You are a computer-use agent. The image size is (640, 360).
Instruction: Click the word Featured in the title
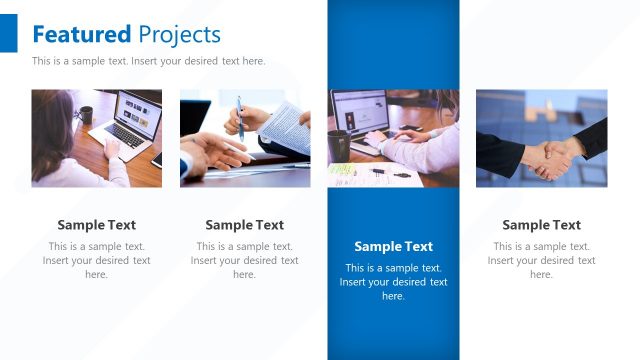81,35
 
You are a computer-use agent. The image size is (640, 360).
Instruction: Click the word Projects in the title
179,35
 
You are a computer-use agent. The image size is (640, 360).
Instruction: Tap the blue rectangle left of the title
9,35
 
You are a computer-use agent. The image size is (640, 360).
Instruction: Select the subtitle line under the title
148,61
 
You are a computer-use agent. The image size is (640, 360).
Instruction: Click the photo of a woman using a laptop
97,138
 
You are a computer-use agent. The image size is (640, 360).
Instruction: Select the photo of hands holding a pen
245,138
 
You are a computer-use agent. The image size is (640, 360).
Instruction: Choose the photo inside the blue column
393,138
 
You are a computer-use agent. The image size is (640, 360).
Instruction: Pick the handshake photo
541,138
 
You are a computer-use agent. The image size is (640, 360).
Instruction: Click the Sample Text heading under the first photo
97,225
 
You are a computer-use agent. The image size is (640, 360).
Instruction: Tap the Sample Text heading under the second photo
245,225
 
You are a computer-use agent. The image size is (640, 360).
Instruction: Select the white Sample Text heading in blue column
393,247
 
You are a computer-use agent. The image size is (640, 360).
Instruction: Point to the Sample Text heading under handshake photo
541,225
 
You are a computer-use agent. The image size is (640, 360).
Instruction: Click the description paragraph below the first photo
97,260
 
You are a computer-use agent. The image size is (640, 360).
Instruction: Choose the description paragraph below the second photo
245,260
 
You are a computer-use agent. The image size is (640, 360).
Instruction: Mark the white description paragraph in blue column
393,282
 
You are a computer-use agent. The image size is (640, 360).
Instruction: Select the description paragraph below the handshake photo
541,260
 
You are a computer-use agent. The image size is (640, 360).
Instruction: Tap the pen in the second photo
240,117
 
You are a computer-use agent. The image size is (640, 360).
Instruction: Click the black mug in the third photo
339,144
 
